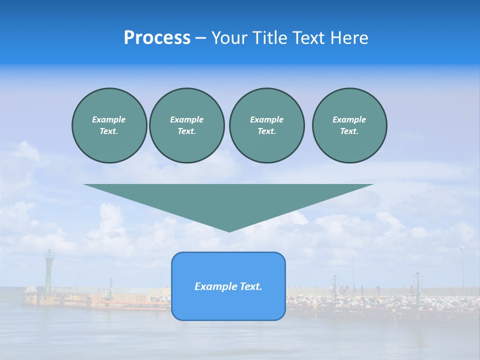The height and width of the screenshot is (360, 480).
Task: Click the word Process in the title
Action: (x=157, y=38)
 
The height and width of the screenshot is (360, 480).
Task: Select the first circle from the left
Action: (x=109, y=125)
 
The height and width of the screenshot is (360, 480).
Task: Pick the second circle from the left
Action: (x=186, y=125)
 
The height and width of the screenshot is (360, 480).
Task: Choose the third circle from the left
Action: (x=266, y=125)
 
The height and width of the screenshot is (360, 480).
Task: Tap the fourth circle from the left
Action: (x=349, y=125)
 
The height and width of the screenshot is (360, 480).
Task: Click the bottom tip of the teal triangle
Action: (x=229, y=230)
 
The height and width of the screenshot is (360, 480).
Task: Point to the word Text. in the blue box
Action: (x=250, y=286)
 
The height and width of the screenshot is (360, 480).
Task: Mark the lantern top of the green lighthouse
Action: (x=49, y=253)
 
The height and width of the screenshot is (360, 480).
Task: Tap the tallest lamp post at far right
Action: (x=462, y=270)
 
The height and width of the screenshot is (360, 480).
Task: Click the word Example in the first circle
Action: (x=109, y=119)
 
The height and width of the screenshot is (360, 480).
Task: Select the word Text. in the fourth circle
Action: (x=349, y=131)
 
